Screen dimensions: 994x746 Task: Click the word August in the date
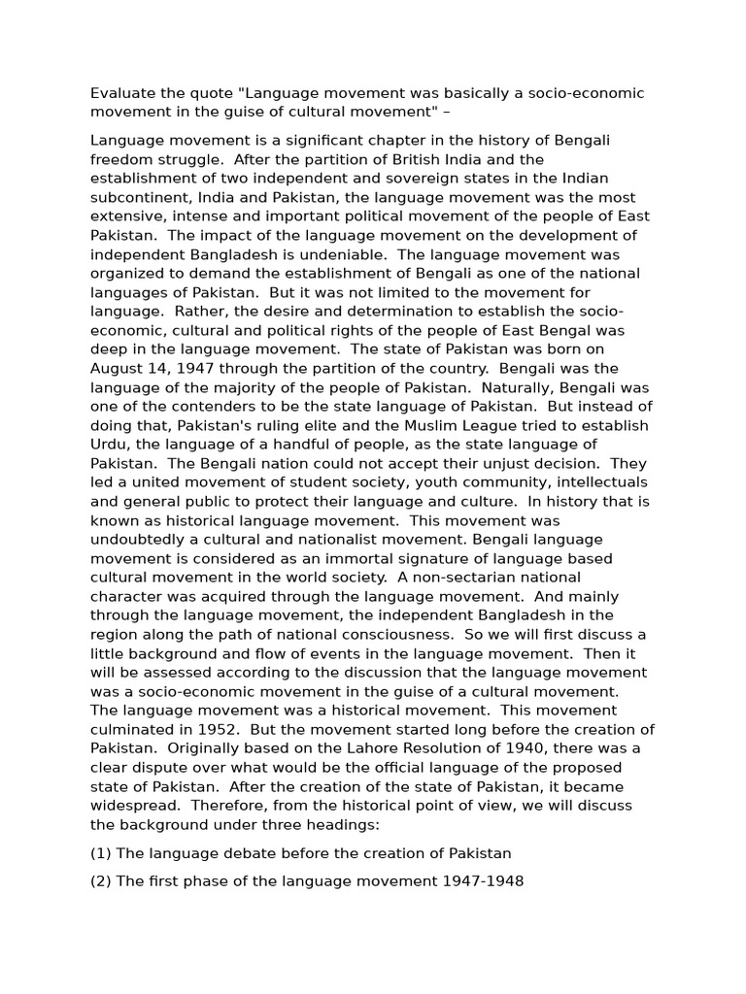click(117, 368)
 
